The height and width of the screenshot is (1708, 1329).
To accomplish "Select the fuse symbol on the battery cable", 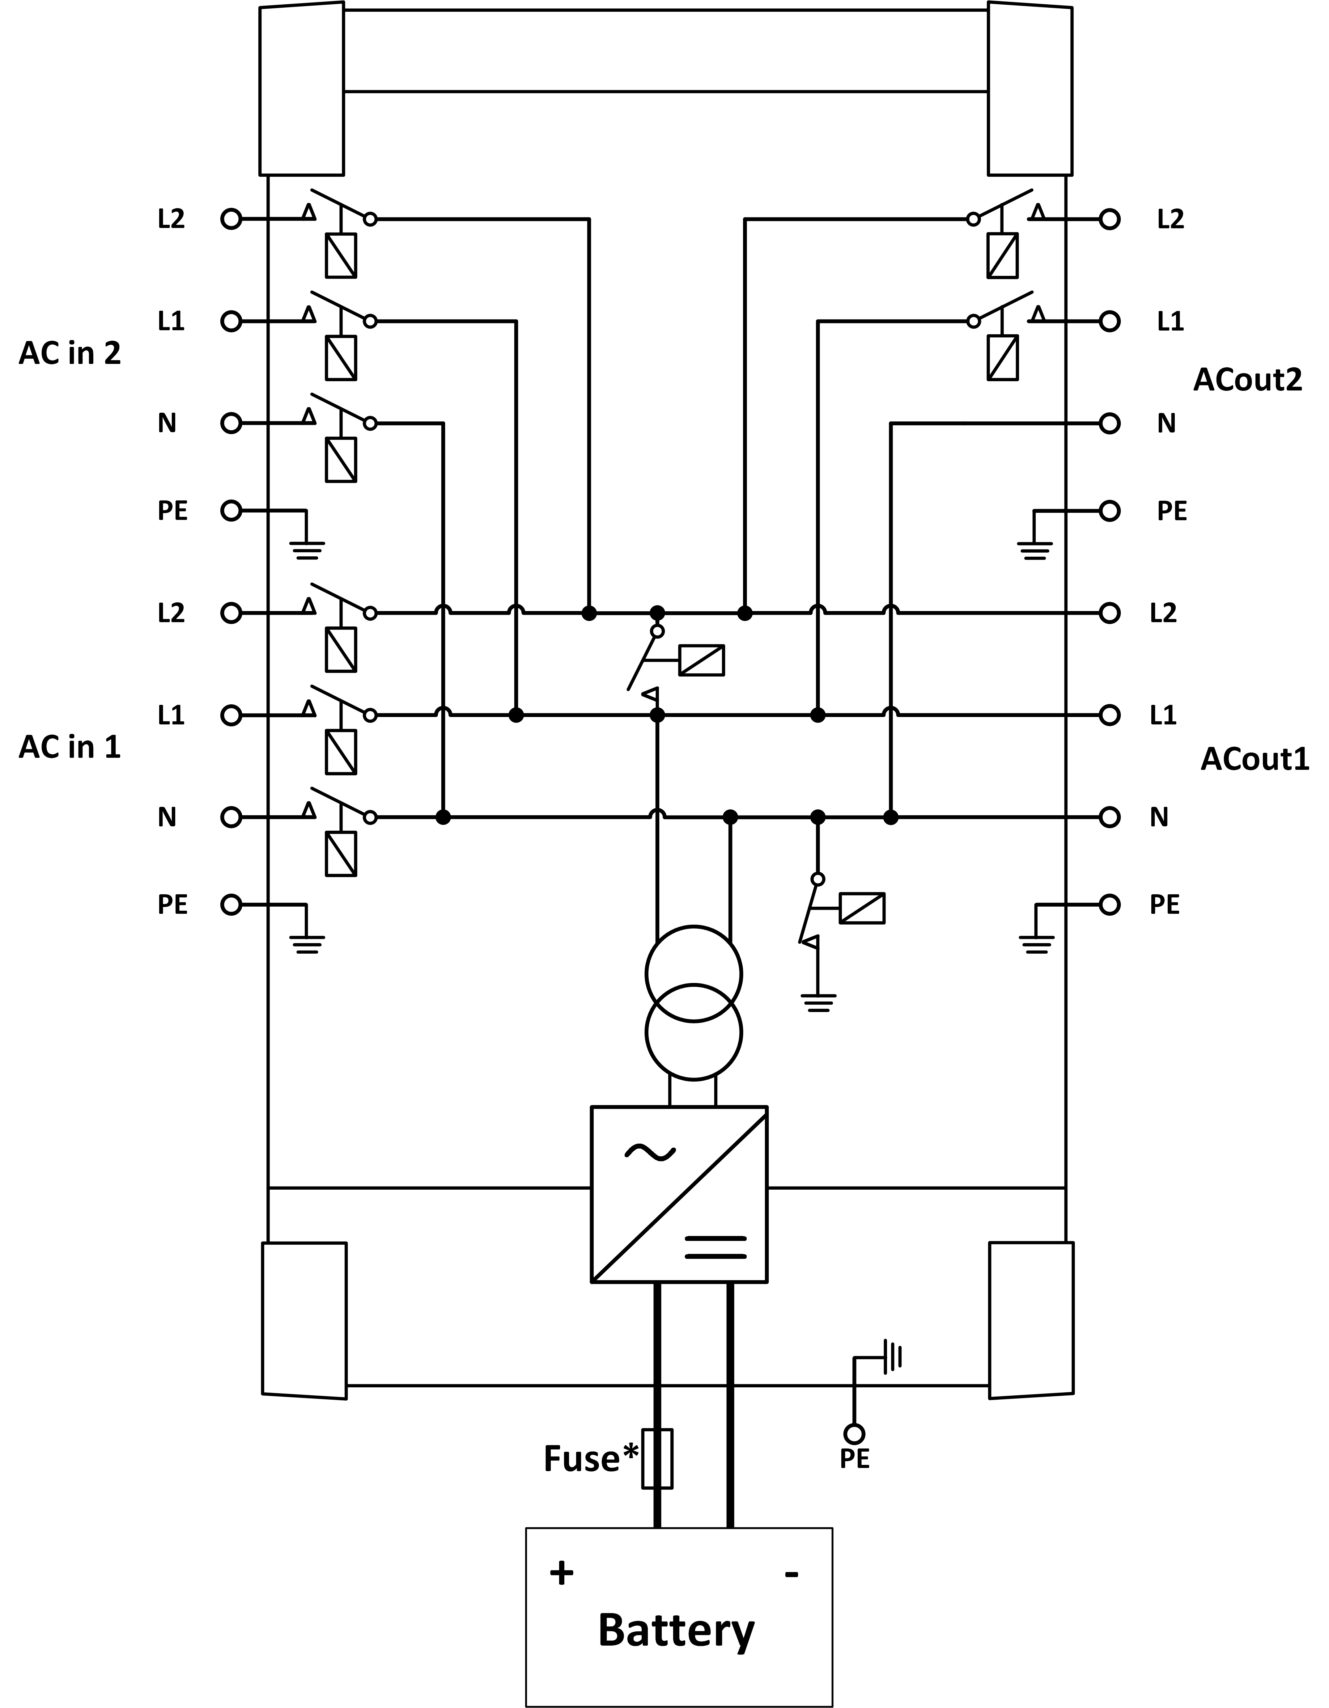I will (x=657, y=1458).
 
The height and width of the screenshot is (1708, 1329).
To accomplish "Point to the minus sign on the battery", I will (x=792, y=1574).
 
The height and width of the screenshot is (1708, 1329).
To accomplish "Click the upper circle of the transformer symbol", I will (x=693, y=974).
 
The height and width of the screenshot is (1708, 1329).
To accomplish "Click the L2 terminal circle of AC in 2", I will (x=231, y=219).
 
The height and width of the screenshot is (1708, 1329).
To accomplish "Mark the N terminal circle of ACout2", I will (x=1109, y=423).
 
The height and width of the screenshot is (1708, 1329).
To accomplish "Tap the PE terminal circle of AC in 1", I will (x=231, y=905).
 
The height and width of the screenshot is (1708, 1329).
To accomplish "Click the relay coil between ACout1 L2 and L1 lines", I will (x=702, y=660).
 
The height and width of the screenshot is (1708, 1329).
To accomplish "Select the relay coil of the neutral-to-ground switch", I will (x=862, y=908).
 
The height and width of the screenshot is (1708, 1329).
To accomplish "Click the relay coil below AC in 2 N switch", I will (x=341, y=460).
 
